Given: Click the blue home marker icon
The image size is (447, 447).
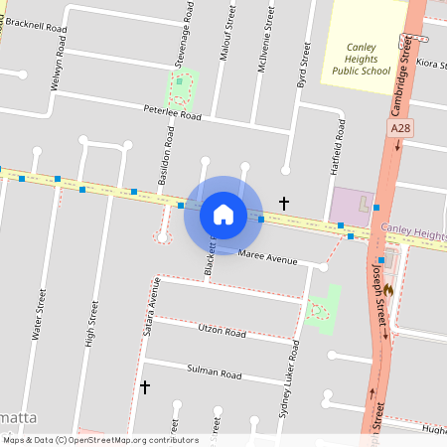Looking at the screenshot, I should pyautogui.click(x=223, y=214).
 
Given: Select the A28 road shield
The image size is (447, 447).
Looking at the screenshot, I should pyautogui.click(x=400, y=128).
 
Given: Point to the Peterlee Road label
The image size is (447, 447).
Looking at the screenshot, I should pyautogui.click(x=172, y=113).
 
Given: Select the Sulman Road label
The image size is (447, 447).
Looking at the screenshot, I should pyautogui.click(x=215, y=373).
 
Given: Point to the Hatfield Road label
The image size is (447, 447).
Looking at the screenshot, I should pyautogui.click(x=338, y=148).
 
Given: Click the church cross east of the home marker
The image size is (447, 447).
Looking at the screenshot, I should pyautogui.click(x=284, y=203).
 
